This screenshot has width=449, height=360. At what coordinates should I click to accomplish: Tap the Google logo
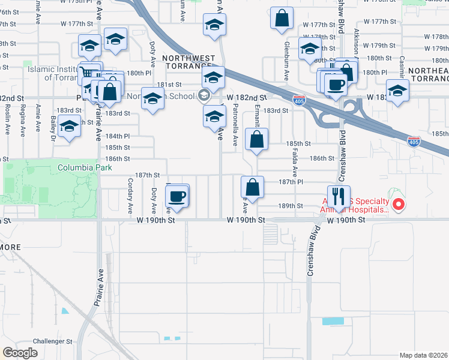tap(20, 353)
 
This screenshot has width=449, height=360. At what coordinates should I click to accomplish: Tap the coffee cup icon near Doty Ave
tap(178, 196)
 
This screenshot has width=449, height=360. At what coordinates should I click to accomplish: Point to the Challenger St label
tap(52, 341)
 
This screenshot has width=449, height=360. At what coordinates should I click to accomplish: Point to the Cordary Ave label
tap(130, 196)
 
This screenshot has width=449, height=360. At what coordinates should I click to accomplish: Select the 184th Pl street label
tap(118, 136)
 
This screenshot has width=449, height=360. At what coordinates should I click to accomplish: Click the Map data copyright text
tap(423, 355)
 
